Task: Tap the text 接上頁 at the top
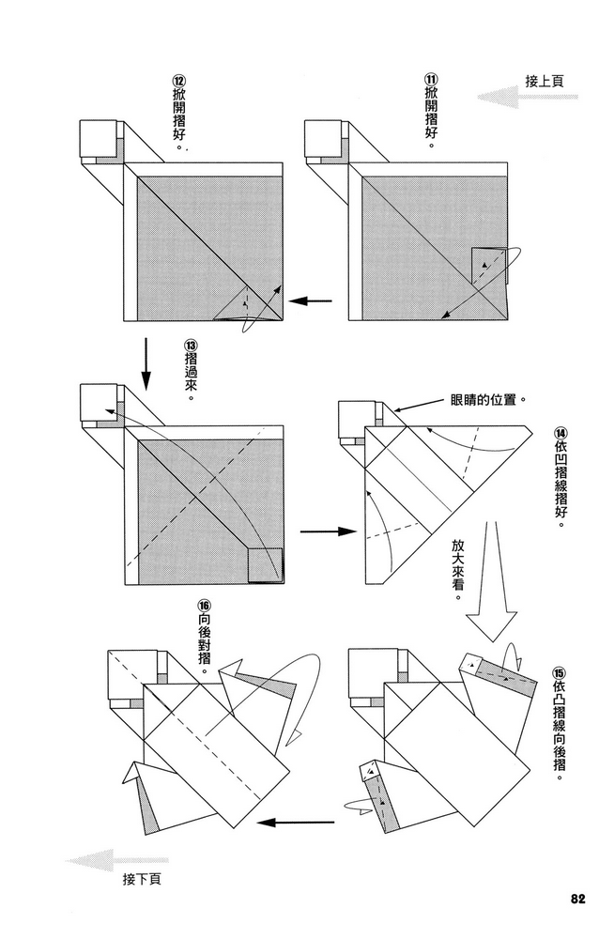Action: pos(545,81)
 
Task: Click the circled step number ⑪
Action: pos(431,80)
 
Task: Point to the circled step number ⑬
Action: pos(191,345)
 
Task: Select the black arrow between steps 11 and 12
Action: pos(311,301)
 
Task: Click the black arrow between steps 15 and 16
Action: pos(297,823)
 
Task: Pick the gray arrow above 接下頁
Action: pos(117,860)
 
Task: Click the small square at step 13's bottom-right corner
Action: pos(265,565)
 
